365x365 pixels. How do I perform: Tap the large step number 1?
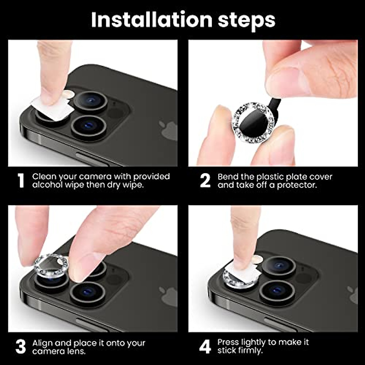21,181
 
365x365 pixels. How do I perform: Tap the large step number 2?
205,181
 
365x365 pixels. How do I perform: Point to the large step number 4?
205,346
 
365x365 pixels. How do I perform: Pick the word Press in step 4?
228,342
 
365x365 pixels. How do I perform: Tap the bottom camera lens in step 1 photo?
89,126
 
